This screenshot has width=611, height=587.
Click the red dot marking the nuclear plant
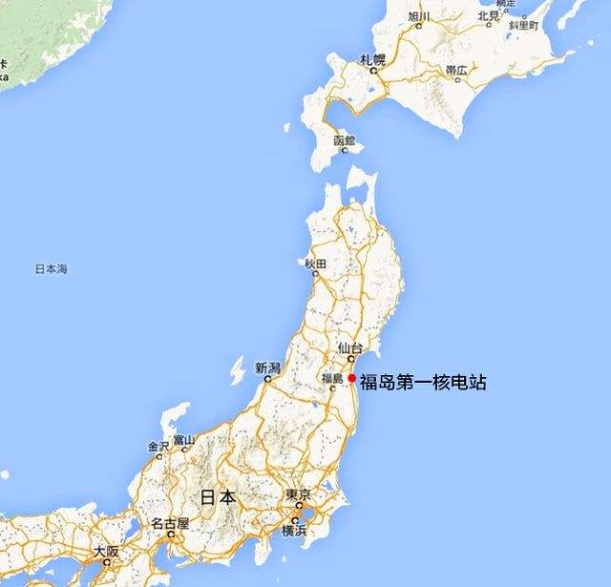(x=352, y=380)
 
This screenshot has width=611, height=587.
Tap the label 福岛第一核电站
(x=423, y=383)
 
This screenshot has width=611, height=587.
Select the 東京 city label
(x=298, y=495)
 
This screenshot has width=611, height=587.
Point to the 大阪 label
(x=106, y=552)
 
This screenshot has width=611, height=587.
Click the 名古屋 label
(x=170, y=523)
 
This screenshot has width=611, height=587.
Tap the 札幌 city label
(x=372, y=60)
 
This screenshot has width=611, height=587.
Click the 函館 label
(x=344, y=140)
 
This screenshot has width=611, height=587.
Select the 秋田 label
(x=315, y=262)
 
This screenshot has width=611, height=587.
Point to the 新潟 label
(x=268, y=367)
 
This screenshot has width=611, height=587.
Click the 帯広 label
(x=456, y=71)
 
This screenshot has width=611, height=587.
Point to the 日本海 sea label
(x=51, y=270)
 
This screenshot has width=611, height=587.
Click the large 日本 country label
(x=218, y=496)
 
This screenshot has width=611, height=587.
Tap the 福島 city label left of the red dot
(x=331, y=378)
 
